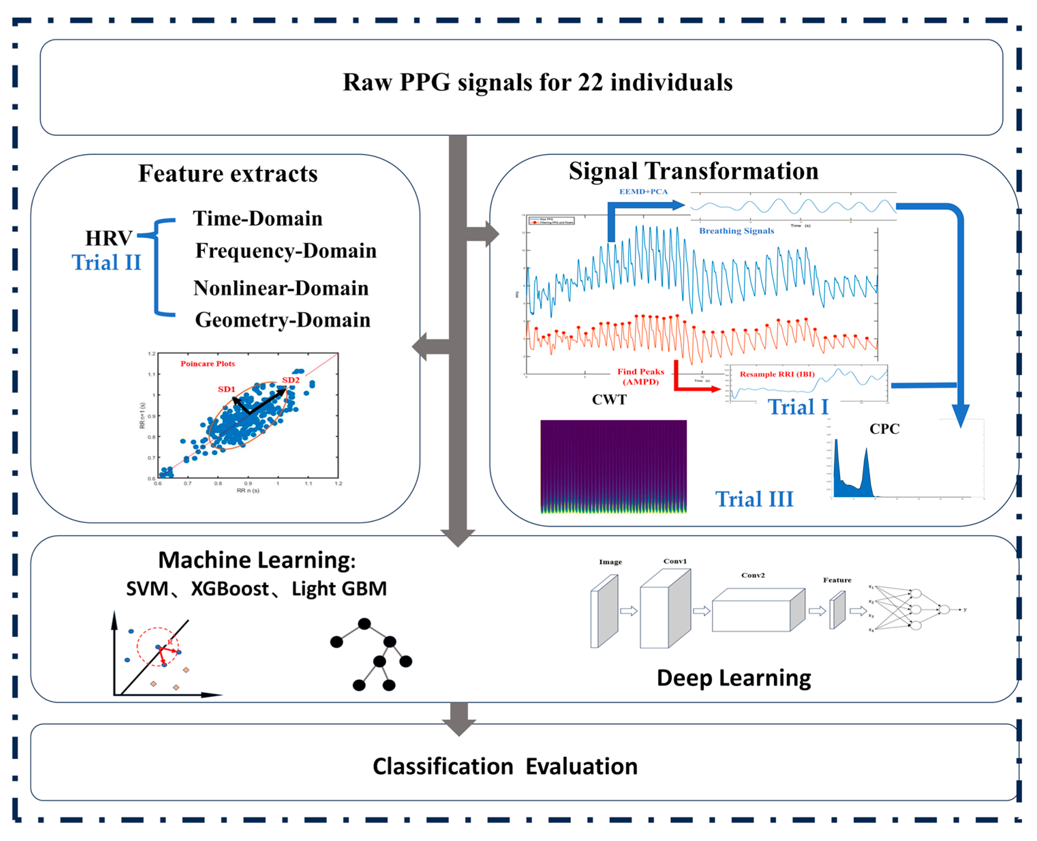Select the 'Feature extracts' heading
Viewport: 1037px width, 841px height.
[x=228, y=173]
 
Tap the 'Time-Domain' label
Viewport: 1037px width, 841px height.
[x=257, y=219]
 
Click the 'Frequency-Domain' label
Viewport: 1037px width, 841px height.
[x=285, y=251]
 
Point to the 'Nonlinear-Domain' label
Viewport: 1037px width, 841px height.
[x=281, y=288]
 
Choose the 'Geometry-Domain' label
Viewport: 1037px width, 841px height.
[x=282, y=320]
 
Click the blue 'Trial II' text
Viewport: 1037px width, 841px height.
[x=106, y=263]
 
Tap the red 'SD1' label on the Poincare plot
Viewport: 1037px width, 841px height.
[x=226, y=390]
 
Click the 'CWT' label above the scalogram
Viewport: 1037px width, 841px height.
[x=609, y=400]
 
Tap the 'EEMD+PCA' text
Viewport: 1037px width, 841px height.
[x=643, y=192]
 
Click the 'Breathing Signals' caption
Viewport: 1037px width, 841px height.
[x=736, y=231]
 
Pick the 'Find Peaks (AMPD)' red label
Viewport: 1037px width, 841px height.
[x=640, y=377]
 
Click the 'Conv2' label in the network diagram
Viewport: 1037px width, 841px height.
[x=753, y=575]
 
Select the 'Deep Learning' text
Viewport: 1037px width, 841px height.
[x=734, y=678]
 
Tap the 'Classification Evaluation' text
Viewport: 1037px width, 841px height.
[x=505, y=767]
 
